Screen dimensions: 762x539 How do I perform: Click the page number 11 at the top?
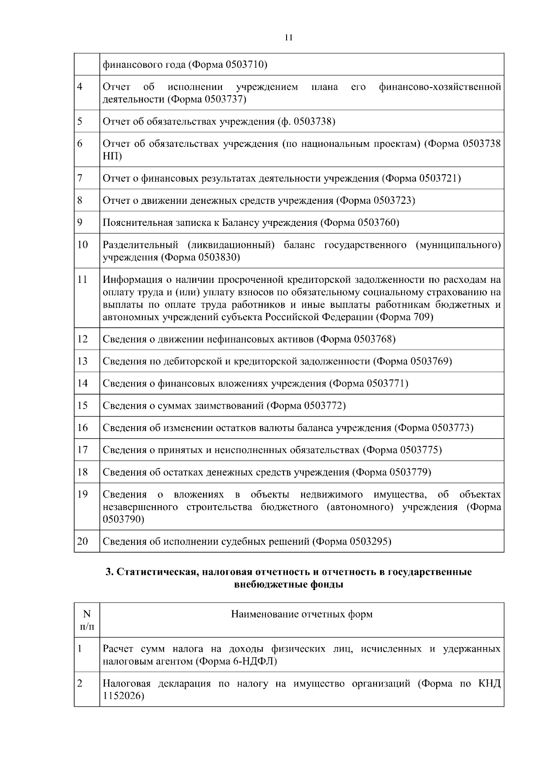click(x=288, y=38)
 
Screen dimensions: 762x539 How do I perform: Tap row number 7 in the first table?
click(x=80, y=178)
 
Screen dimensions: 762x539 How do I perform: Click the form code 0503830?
click(x=218, y=257)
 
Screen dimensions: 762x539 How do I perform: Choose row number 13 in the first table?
click(x=83, y=361)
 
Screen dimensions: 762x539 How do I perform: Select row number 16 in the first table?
click(x=83, y=427)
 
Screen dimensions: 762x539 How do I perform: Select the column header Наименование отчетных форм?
click(x=301, y=614)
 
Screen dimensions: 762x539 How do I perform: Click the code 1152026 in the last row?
click(x=121, y=696)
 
